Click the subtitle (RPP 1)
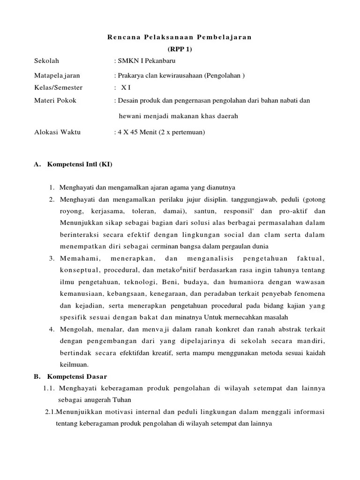pyautogui.click(x=180, y=49)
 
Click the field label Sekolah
pyautogui.click(x=47, y=61)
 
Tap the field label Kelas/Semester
pyautogui.click(x=58, y=88)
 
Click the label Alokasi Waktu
pyautogui.click(x=57, y=132)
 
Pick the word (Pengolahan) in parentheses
pyautogui.click(x=227, y=75)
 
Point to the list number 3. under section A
pyautogui.click(x=52, y=259)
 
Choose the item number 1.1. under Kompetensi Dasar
pyautogui.click(x=50, y=389)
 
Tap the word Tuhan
pyautogui.click(x=122, y=400)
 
